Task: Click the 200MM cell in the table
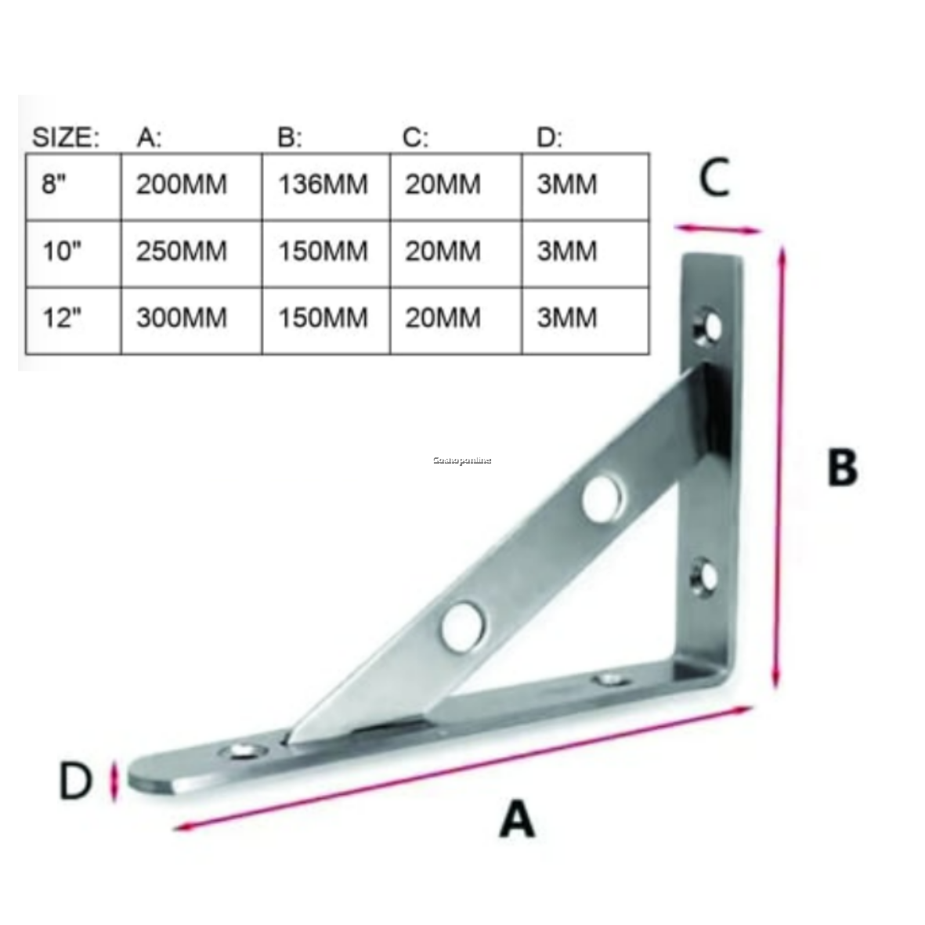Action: (x=182, y=185)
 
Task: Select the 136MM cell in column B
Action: (x=323, y=185)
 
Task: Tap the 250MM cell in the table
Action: (x=182, y=251)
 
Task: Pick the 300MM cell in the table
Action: (x=182, y=318)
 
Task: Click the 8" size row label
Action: (x=56, y=185)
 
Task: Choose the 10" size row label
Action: (x=62, y=251)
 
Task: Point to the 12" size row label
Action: (x=62, y=318)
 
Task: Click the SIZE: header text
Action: (x=66, y=138)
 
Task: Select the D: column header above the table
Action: (x=549, y=138)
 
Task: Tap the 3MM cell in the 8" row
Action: (x=567, y=185)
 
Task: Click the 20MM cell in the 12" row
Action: (x=443, y=318)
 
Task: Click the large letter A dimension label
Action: (x=517, y=820)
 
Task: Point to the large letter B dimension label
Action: (x=842, y=468)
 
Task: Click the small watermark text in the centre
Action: (x=462, y=461)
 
